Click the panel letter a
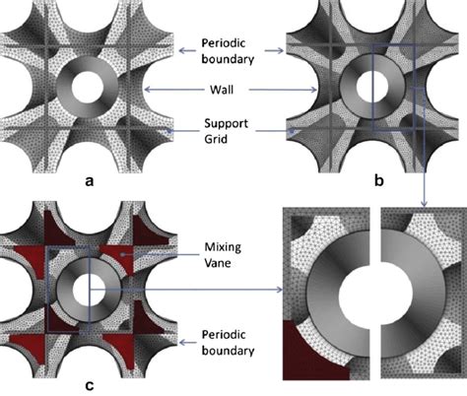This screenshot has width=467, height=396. [91, 181]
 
